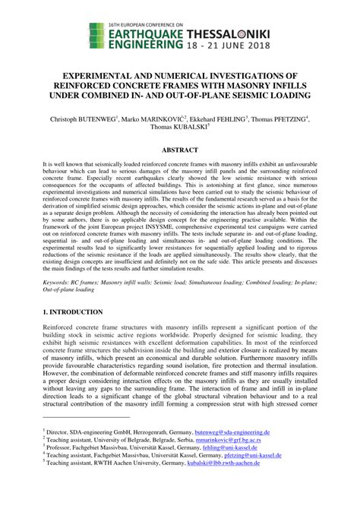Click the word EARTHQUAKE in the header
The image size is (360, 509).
point(151,33)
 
